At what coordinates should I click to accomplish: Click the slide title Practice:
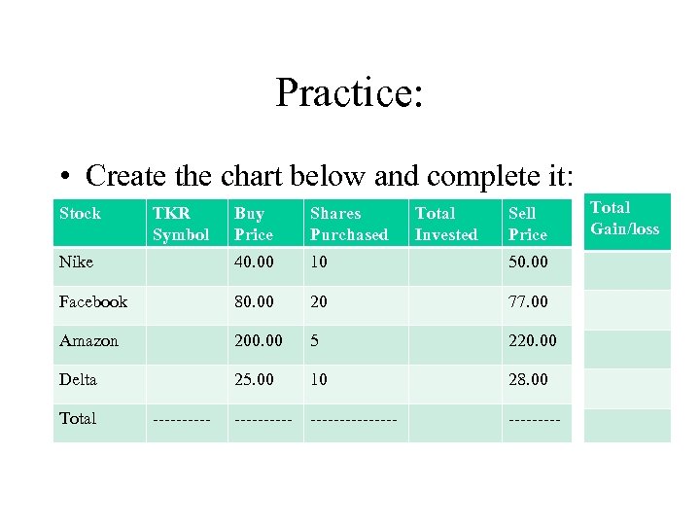click(x=349, y=93)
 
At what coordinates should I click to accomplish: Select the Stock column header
click(x=80, y=214)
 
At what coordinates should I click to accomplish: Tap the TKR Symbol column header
click(x=181, y=224)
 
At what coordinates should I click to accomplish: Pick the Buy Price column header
click(x=254, y=224)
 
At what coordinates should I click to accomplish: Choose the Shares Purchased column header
click(x=349, y=224)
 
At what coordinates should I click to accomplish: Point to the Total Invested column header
click(x=446, y=224)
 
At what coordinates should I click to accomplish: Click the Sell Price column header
click(x=528, y=224)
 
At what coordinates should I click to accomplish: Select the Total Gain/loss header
click(x=624, y=218)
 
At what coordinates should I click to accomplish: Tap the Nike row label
click(x=76, y=262)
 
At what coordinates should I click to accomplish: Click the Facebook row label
click(x=92, y=301)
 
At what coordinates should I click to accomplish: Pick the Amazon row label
click(x=88, y=340)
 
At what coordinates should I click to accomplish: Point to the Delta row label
click(x=78, y=379)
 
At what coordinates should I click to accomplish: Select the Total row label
click(x=78, y=418)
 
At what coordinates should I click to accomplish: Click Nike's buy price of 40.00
click(x=254, y=262)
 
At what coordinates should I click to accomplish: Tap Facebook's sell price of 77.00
click(x=528, y=301)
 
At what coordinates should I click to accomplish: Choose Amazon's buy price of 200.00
click(x=258, y=340)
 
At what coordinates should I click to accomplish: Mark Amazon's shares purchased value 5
click(x=315, y=340)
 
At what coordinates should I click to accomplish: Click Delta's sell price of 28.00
click(x=528, y=379)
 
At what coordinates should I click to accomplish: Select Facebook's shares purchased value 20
click(x=319, y=301)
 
